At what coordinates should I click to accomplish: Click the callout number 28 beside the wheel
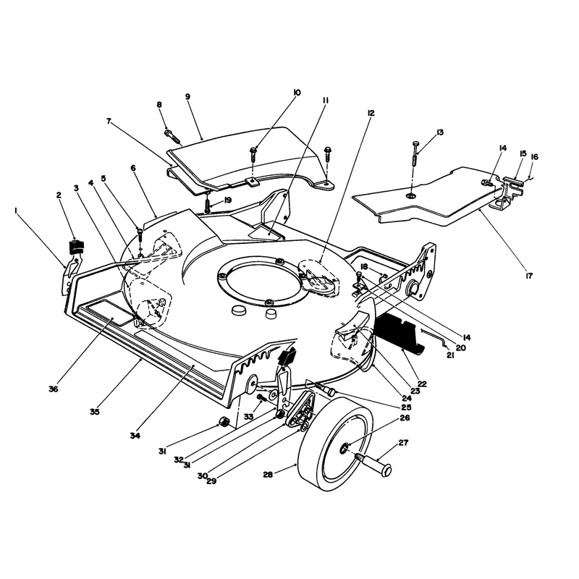(x=268, y=474)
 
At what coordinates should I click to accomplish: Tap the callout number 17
(x=529, y=276)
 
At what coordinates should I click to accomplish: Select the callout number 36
(x=53, y=389)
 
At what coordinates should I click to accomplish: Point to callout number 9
(x=187, y=96)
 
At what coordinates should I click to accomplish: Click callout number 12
(x=371, y=113)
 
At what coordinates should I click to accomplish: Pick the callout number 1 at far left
(x=16, y=210)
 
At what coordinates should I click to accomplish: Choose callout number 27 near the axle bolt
(x=403, y=442)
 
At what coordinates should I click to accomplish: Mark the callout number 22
(x=422, y=384)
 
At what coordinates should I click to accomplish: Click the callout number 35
(x=95, y=412)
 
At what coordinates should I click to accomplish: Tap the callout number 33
(x=248, y=416)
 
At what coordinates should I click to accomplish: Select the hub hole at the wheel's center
(x=344, y=448)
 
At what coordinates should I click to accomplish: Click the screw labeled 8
(x=172, y=136)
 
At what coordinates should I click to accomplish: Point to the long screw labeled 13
(x=415, y=153)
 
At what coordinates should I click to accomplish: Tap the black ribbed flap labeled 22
(x=399, y=334)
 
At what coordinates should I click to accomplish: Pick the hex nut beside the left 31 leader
(x=224, y=422)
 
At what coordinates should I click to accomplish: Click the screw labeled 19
(x=208, y=204)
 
